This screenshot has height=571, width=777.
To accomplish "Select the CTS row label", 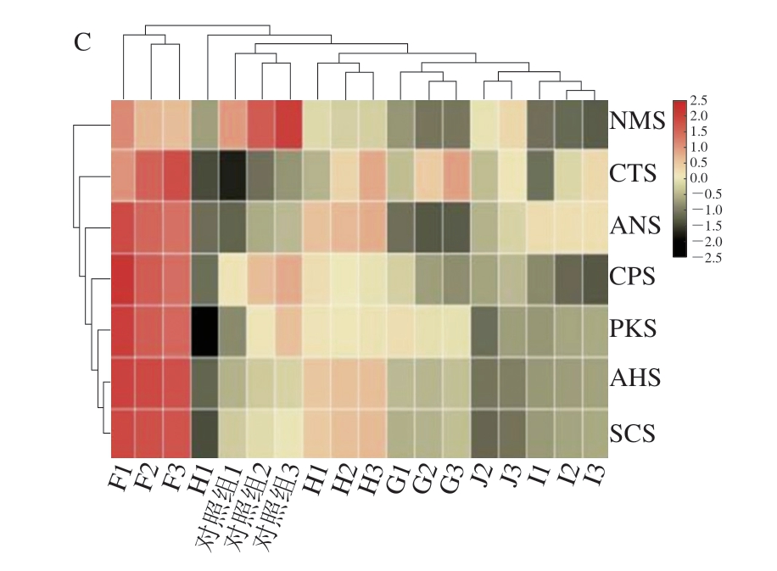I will pyautogui.click(x=632, y=175).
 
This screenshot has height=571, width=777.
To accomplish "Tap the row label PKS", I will pyautogui.click(x=632, y=329).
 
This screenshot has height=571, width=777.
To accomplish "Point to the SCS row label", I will pyautogui.click(x=632, y=434).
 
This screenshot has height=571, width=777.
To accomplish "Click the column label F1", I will pyautogui.click(x=120, y=481).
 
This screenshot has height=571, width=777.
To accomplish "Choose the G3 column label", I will pyautogui.click(x=451, y=481).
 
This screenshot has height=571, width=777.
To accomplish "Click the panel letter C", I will pyautogui.click(x=82, y=42).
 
